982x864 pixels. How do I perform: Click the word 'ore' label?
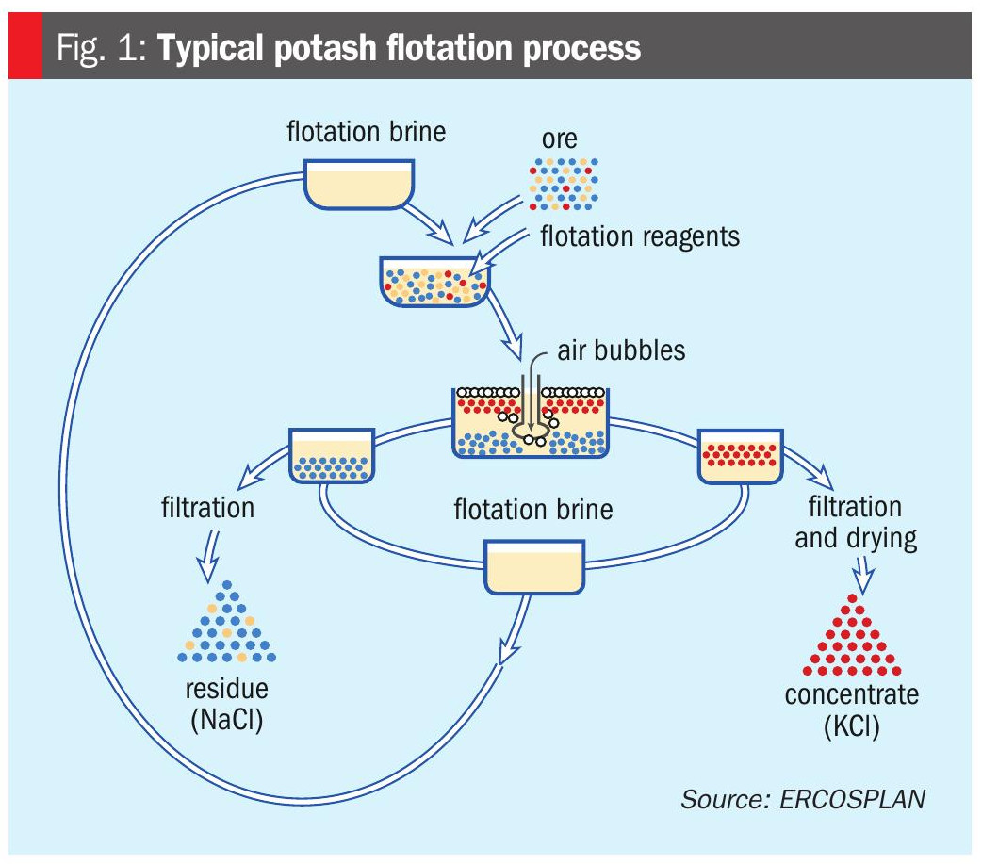[x=560, y=139]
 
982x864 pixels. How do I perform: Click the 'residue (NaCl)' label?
[x=226, y=705]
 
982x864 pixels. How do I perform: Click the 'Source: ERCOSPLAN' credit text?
[x=803, y=799]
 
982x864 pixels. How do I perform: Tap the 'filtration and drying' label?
[x=855, y=523]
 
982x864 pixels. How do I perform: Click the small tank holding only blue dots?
[x=332, y=455]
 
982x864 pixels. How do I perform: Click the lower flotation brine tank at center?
[x=533, y=565]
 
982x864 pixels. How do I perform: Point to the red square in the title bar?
[x=25, y=47]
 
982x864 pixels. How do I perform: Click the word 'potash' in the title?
[x=324, y=47]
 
